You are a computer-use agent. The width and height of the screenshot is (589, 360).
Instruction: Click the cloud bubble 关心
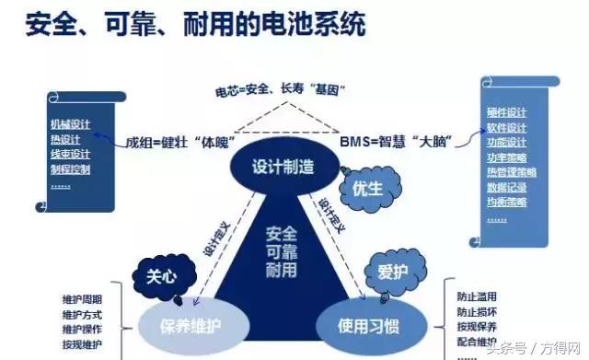click(155, 275)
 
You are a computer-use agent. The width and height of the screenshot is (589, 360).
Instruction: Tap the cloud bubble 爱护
click(391, 272)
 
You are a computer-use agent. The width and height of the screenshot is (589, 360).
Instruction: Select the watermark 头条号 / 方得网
click(540, 348)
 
